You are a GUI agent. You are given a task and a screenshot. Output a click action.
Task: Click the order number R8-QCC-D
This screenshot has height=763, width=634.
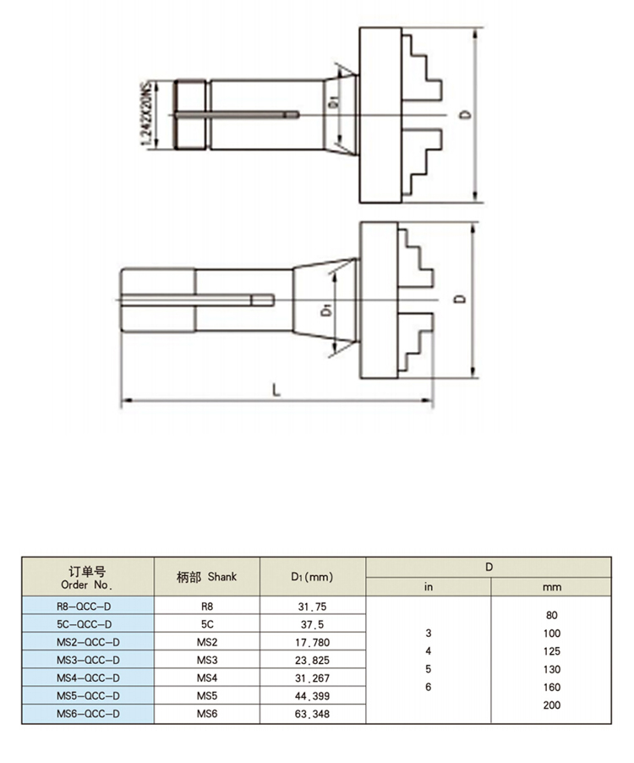(x=84, y=607)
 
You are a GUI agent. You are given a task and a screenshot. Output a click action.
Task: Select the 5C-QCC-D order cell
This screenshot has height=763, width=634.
(x=85, y=624)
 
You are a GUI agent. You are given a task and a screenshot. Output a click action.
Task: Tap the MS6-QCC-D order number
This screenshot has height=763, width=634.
(x=88, y=714)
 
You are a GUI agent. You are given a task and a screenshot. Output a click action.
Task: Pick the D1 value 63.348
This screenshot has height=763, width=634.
(x=312, y=714)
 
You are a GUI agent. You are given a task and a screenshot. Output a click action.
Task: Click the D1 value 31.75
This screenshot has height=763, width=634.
(x=312, y=607)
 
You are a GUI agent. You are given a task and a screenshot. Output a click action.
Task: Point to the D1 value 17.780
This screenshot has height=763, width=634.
(x=312, y=642)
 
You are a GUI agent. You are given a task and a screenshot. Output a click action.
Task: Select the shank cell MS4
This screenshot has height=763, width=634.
(x=207, y=678)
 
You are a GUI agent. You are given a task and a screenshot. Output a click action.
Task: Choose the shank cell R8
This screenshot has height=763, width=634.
(x=207, y=607)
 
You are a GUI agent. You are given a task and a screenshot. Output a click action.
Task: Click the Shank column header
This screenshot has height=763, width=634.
(x=206, y=577)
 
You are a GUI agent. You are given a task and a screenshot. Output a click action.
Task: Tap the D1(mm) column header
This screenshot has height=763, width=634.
(x=312, y=577)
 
